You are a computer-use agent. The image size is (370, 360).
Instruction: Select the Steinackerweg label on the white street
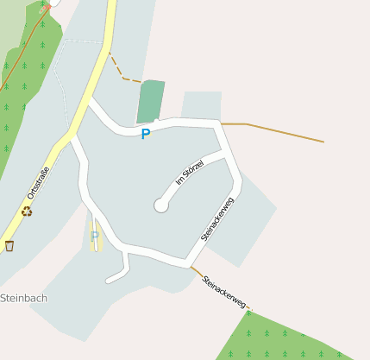click(217, 219)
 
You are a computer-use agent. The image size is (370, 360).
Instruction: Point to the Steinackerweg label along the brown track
click(225, 293)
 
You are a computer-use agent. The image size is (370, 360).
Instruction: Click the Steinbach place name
click(23, 298)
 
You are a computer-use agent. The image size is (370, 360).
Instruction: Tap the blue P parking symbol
click(146, 135)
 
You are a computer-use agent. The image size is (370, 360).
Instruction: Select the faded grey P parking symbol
click(95, 236)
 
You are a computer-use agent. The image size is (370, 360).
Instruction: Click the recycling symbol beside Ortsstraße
click(28, 210)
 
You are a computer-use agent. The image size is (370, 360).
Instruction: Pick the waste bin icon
click(9, 246)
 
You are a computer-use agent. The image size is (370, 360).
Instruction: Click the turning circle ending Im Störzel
click(160, 205)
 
